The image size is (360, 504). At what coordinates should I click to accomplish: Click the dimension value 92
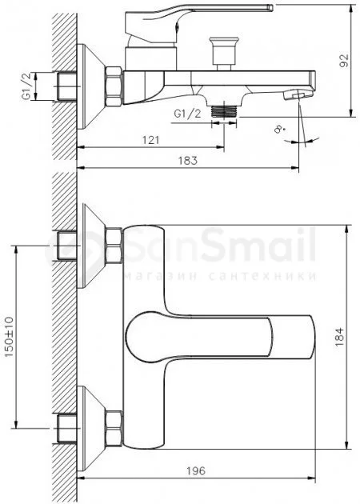pyautogui.click(x=344, y=60)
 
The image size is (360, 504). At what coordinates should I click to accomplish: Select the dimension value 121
pyautogui.click(x=150, y=140)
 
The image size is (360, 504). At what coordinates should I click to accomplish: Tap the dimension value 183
pyautogui.click(x=188, y=160)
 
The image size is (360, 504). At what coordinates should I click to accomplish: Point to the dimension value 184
pyautogui.click(x=339, y=337)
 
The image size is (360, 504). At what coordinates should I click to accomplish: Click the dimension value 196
pyautogui.click(x=196, y=471)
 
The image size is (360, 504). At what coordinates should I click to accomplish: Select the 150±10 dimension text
pyautogui.click(x=9, y=337)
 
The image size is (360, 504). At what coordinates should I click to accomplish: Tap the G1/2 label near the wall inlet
pyautogui.click(x=27, y=86)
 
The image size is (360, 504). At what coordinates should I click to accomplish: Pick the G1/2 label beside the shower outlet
pyautogui.click(x=187, y=114)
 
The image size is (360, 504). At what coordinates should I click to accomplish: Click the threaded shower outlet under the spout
pyautogui.click(x=224, y=111)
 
